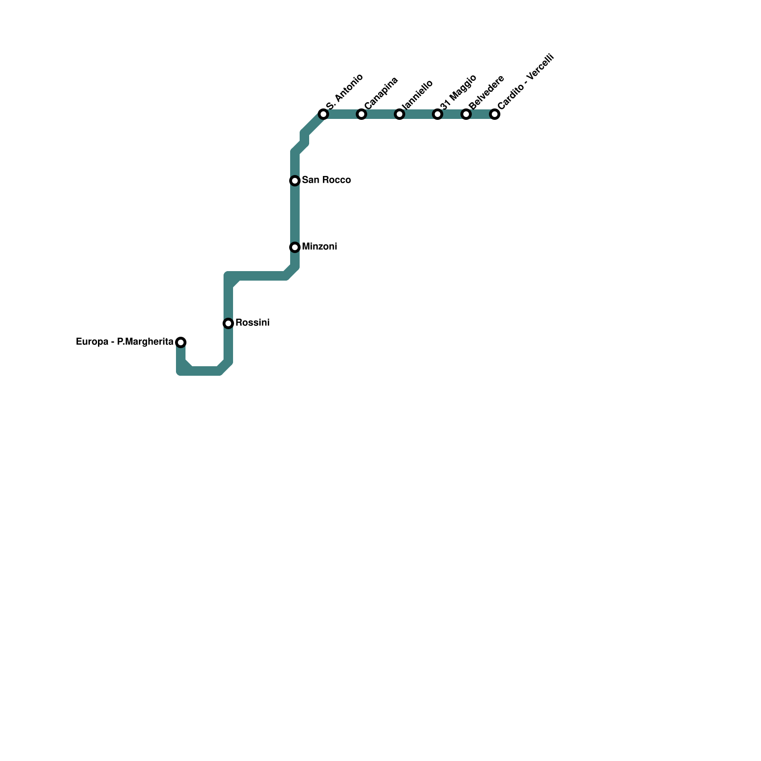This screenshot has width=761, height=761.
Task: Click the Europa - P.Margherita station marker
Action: click(181, 342)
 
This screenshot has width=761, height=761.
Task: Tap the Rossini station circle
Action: click(228, 323)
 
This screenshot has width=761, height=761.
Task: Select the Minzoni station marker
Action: click(295, 247)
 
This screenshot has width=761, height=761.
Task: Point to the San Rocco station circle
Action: click(295, 181)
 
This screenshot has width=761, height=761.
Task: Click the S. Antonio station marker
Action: click(323, 114)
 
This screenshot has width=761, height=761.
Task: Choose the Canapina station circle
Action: click(361, 114)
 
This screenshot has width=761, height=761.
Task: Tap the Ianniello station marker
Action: click(400, 114)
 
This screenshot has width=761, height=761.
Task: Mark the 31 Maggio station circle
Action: click(438, 114)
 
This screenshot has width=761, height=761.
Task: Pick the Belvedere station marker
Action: click(466, 114)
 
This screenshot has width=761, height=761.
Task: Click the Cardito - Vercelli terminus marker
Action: click(495, 114)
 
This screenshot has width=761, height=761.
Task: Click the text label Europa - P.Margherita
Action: click(125, 342)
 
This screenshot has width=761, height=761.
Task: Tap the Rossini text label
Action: click(253, 323)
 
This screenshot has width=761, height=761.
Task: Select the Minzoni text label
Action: click(320, 247)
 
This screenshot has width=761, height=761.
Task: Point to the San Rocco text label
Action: click(326, 180)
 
